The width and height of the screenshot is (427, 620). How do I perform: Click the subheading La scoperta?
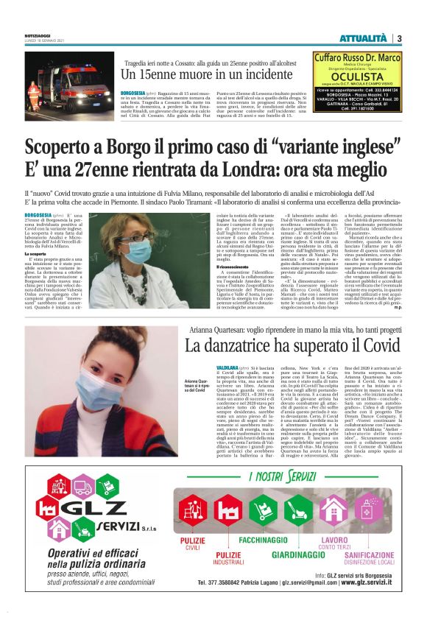[x=36, y=254]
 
